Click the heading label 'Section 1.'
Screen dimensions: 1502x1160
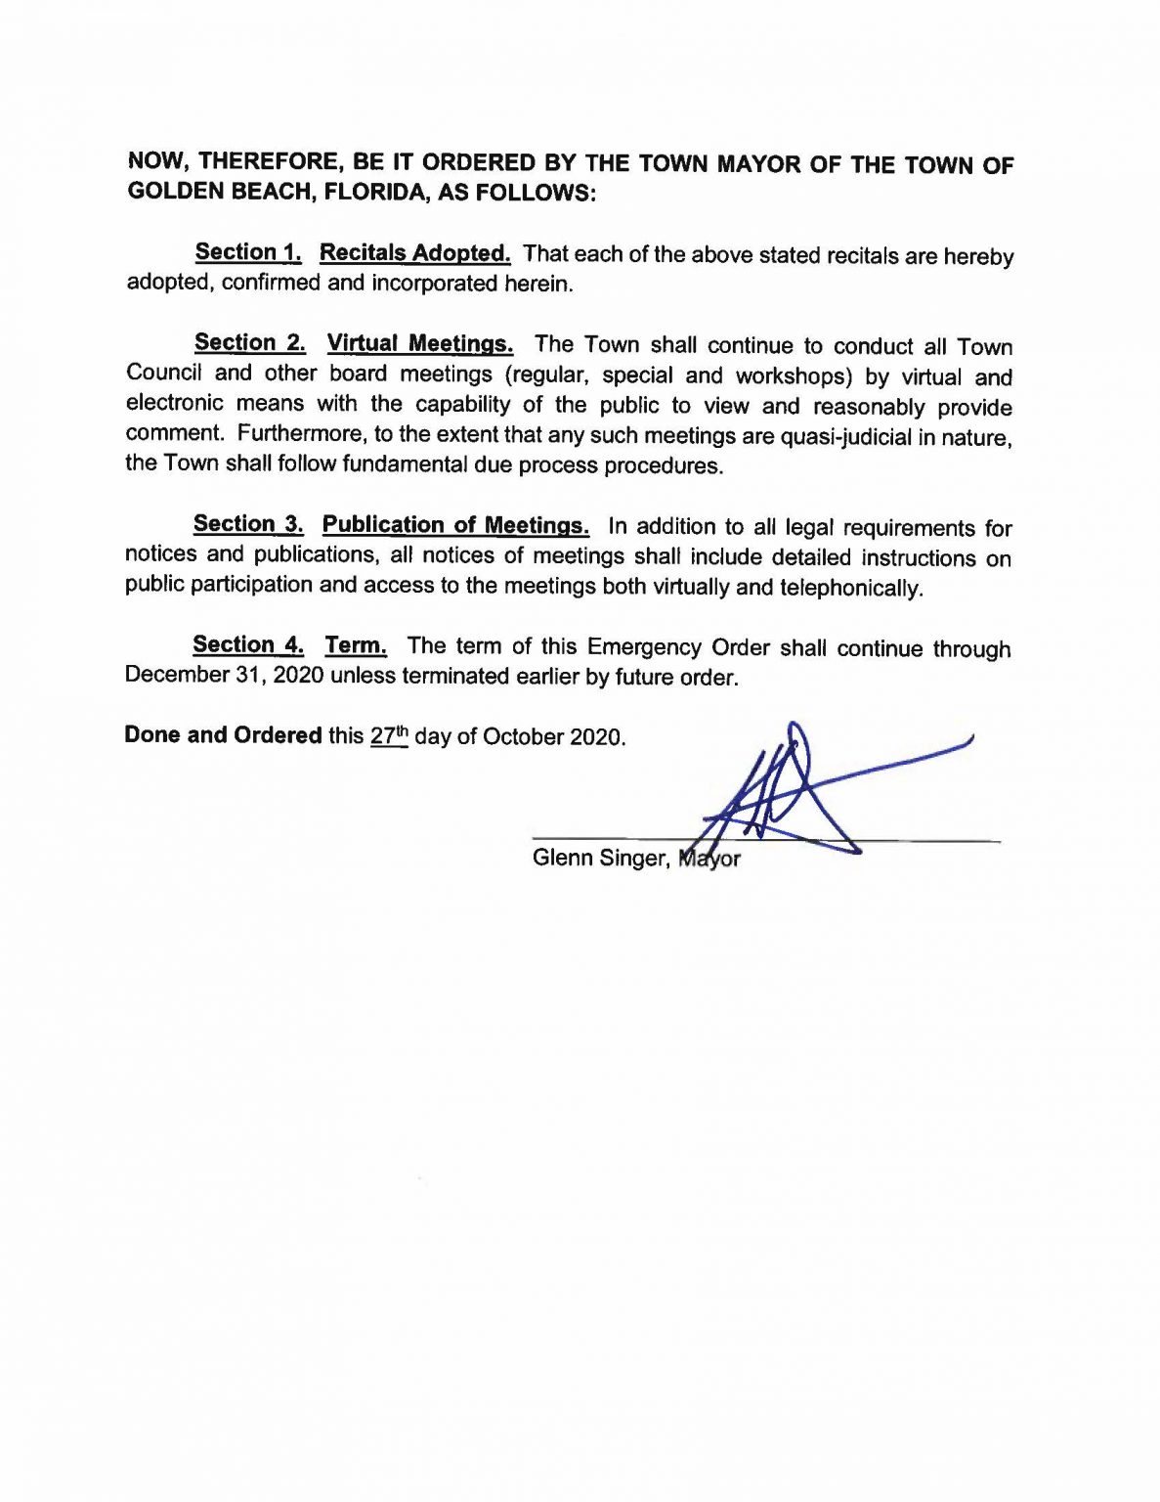248,252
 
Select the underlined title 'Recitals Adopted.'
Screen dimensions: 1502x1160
414,253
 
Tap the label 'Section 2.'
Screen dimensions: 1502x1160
249,342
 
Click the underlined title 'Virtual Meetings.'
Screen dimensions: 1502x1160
419,343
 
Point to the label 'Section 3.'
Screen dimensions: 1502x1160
248,524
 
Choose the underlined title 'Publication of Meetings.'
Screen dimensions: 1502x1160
455,525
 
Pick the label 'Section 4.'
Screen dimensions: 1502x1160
248,644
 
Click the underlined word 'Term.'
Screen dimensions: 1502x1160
356,645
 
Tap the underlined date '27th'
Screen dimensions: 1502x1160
388,735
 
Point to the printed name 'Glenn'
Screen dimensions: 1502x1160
562,858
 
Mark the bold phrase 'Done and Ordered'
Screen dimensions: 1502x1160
223,734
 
